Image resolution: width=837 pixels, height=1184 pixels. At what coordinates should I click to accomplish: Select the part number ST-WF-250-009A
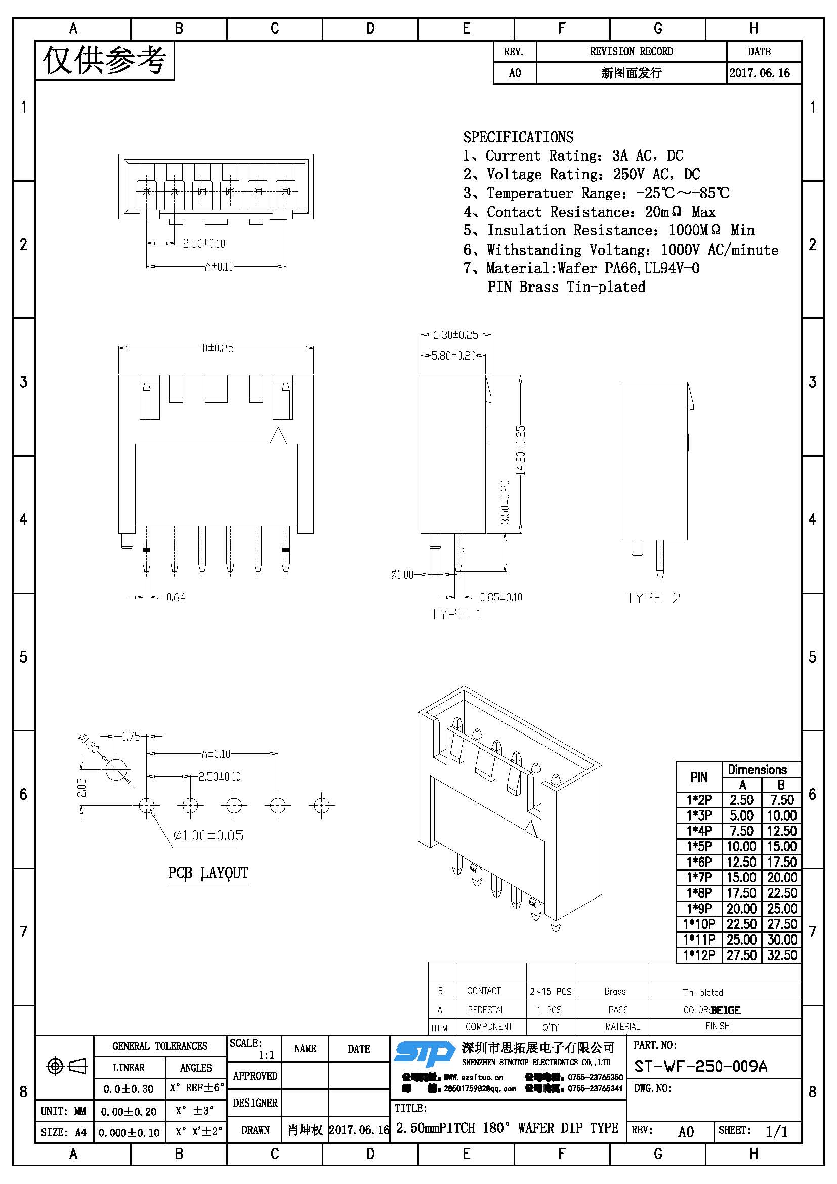click(700, 1066)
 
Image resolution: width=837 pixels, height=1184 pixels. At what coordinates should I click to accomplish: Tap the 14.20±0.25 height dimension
click(521, 450)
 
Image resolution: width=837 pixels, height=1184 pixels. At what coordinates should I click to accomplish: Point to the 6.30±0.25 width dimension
click(455, 335)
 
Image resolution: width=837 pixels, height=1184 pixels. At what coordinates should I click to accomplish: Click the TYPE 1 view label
click(456, 614)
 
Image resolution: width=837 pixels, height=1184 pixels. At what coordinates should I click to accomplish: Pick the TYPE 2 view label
click(653, 598)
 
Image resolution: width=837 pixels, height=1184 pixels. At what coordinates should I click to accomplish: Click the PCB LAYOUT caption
click(208, 873)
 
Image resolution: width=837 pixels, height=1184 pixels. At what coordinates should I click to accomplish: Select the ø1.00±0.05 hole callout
click(208, 835)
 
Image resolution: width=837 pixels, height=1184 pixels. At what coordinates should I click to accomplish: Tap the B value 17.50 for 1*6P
click(781, 862)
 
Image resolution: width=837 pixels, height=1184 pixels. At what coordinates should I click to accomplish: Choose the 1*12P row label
click(699, 955)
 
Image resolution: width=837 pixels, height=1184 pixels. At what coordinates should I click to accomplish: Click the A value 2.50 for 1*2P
click(741, 800)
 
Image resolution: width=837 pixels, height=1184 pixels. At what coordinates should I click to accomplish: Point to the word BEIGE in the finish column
click(725, 1010)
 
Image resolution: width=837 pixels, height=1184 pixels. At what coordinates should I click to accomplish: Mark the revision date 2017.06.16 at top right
click(759, 73)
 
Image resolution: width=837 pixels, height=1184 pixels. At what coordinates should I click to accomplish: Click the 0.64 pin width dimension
click(176, 597)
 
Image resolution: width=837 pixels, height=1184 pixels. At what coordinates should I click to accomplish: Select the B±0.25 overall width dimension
click(218, 348)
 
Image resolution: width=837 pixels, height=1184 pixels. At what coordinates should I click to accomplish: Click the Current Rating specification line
click(573, 156)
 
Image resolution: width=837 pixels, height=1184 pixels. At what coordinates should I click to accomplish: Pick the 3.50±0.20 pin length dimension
click(505, 502)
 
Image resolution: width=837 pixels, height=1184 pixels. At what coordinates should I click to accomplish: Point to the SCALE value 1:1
click(266, 1055)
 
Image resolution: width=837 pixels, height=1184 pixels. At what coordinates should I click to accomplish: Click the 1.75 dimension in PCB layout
click(131, 737)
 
